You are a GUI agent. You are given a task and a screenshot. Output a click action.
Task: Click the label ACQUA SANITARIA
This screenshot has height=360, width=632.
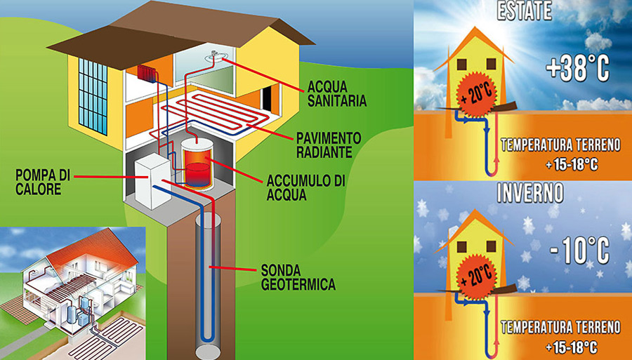point(337,94)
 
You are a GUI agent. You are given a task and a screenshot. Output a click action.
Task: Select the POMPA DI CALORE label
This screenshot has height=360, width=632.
point(42,182)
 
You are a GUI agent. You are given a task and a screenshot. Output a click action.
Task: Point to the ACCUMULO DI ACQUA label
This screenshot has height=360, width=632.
point(306,187)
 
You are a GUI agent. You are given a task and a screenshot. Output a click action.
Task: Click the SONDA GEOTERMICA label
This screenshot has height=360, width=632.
point(298,277)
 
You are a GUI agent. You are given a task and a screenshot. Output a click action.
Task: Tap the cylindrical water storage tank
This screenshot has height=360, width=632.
point(197,164)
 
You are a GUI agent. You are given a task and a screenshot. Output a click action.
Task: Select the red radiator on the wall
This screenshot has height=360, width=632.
point(147,73)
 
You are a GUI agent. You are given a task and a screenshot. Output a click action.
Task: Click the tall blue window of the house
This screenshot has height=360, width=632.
point(93,97)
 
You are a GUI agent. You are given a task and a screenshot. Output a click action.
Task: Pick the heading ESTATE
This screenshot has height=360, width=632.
point(524,11)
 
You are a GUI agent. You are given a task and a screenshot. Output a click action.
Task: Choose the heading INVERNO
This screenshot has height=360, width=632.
point(530,194)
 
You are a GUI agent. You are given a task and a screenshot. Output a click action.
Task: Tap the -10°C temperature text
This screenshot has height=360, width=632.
point(579,250)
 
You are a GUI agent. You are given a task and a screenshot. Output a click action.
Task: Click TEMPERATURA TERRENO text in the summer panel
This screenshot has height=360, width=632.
point(560,145)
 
